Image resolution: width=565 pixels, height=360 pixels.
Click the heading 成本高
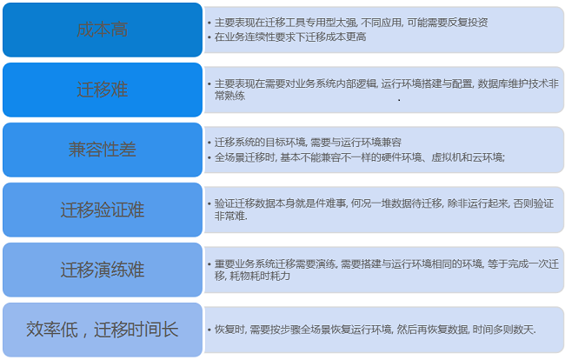[103, 30]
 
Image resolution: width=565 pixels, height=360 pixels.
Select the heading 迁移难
[103, 90]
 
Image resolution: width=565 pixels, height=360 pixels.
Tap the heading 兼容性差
[103, 150]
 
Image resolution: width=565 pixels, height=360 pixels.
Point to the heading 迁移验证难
[103, 210]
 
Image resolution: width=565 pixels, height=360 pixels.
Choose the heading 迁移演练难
[103, 270]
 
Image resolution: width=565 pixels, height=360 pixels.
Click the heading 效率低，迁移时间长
[103, 330]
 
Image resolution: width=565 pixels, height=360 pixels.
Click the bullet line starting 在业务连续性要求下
[290, 37]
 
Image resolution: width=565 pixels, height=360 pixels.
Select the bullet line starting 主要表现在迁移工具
[351, 23]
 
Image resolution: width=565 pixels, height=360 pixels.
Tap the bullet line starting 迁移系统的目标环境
[308, 143]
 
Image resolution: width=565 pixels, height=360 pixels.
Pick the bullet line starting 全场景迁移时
[360, 157]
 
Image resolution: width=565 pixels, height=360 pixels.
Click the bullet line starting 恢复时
[376, 330]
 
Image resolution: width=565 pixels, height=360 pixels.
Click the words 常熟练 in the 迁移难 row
[229, 96]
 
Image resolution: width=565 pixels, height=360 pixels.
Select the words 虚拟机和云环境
[468, 157]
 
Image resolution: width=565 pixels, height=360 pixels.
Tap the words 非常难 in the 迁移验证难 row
[230, 216]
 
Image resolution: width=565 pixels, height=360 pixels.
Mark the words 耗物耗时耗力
[260, 276]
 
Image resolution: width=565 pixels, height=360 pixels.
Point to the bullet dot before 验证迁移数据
[209, 203]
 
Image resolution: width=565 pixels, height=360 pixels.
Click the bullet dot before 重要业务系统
[209, 263]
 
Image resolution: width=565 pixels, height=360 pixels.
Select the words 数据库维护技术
[513, 84]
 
